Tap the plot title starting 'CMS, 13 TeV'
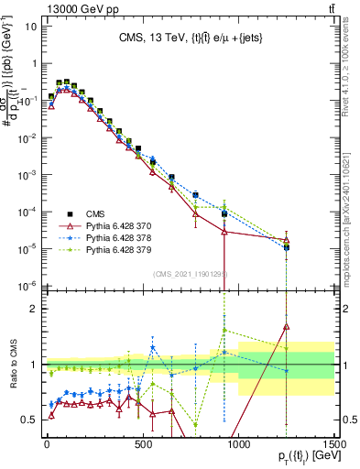(190, 38)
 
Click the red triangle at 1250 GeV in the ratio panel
(287, 326)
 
